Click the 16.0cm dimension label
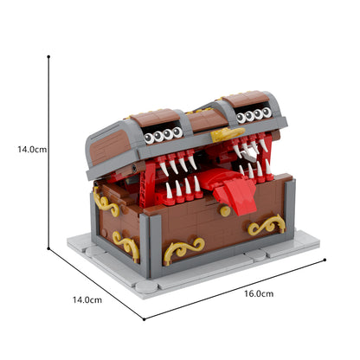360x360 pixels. (x=256, y=294)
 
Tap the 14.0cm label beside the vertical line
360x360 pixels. (x=32, y=149)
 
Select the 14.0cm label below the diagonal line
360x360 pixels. (x=87, y=299)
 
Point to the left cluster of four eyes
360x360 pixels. (x=164, y=135)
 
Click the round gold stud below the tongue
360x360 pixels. (x=224, y=210)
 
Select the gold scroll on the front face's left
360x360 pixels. (x=183, y=251)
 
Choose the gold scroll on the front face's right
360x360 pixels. (x=266, y=227)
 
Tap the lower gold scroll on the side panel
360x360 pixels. (x=125, y=246)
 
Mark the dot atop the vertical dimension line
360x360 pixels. (x=48, y=56)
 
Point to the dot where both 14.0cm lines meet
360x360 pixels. (x=48, y=247)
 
